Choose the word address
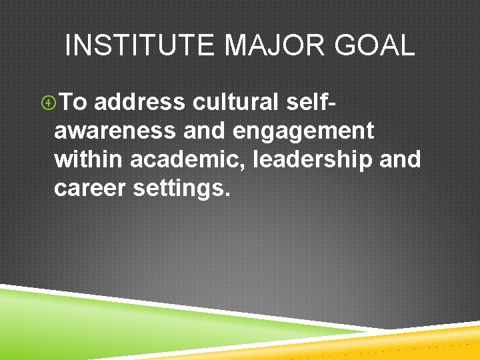point(139,103)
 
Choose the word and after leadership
point(399,160)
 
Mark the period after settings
point(227,195)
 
